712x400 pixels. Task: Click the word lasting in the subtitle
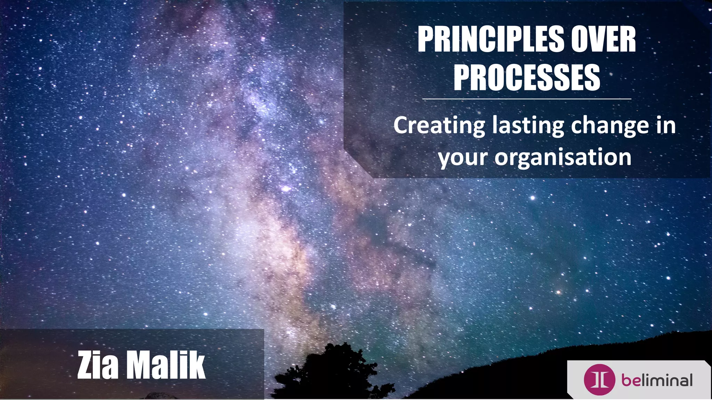point(528,126)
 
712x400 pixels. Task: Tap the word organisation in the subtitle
point(563,157)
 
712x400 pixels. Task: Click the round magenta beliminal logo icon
point(599,380)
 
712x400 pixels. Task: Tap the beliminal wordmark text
point(657,380)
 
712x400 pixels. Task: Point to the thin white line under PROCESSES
point(527,99)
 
